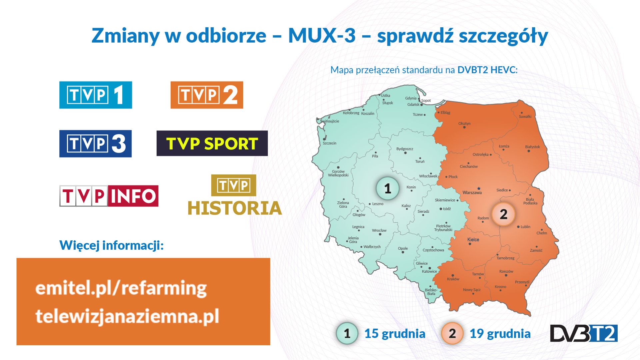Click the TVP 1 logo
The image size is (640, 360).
[x=96, y=95]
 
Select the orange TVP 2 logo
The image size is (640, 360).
[x=207, y=95]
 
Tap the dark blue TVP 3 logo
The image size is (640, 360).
[x=96, y=144]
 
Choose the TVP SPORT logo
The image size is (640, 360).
[x=212, y=143]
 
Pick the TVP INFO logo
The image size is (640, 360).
[x=109, y=196]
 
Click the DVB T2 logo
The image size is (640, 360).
[x=583, y=333]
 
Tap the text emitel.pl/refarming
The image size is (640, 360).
[x=121, y=288]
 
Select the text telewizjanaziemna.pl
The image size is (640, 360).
[x=127, y=316]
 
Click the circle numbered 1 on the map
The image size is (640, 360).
[x=387, y=188]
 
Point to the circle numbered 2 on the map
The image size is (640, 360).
[x=503, y=214]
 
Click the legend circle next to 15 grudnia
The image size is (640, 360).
[x=347, y=333]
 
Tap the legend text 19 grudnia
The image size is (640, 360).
[x=500, y=333]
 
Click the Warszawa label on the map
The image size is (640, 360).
[x=472, y=193]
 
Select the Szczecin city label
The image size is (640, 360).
[x=329, y=143]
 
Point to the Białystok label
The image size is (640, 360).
[x=532, y=147]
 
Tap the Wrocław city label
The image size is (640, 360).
[x=379, y=230]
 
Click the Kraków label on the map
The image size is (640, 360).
[x=453, y=279]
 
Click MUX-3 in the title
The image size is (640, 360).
[x=322, y=35]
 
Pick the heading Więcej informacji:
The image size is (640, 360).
[x=112, y=245]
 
